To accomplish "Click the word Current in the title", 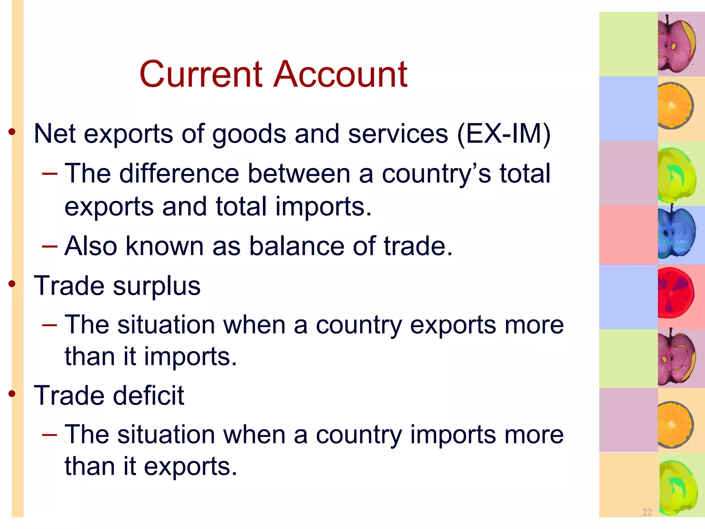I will point(201,74).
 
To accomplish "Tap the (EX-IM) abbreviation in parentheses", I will point(504,134).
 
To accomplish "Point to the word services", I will point(398,134).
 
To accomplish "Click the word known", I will point(165,247).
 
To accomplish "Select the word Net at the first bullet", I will point(54,134).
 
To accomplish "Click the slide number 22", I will point(647,512).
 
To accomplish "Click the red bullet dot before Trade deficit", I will point(12,393).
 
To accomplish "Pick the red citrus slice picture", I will point(675,293).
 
